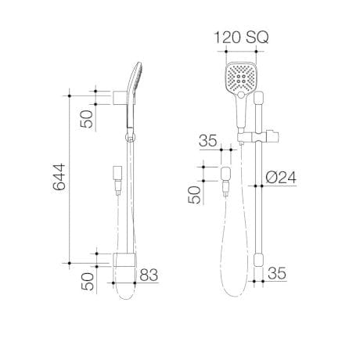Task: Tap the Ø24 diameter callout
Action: pos(280,178)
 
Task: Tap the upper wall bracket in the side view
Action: pos(118,98)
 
